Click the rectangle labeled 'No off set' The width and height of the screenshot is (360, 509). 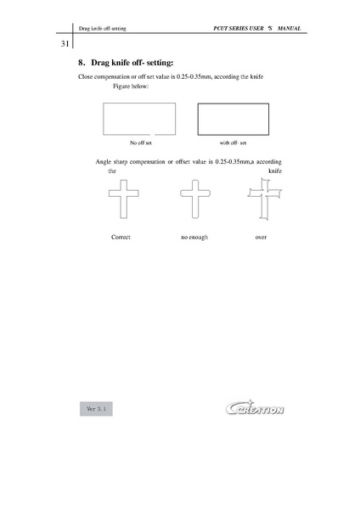(x=138, y=118)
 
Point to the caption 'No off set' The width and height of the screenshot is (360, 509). (x=140, y=143)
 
